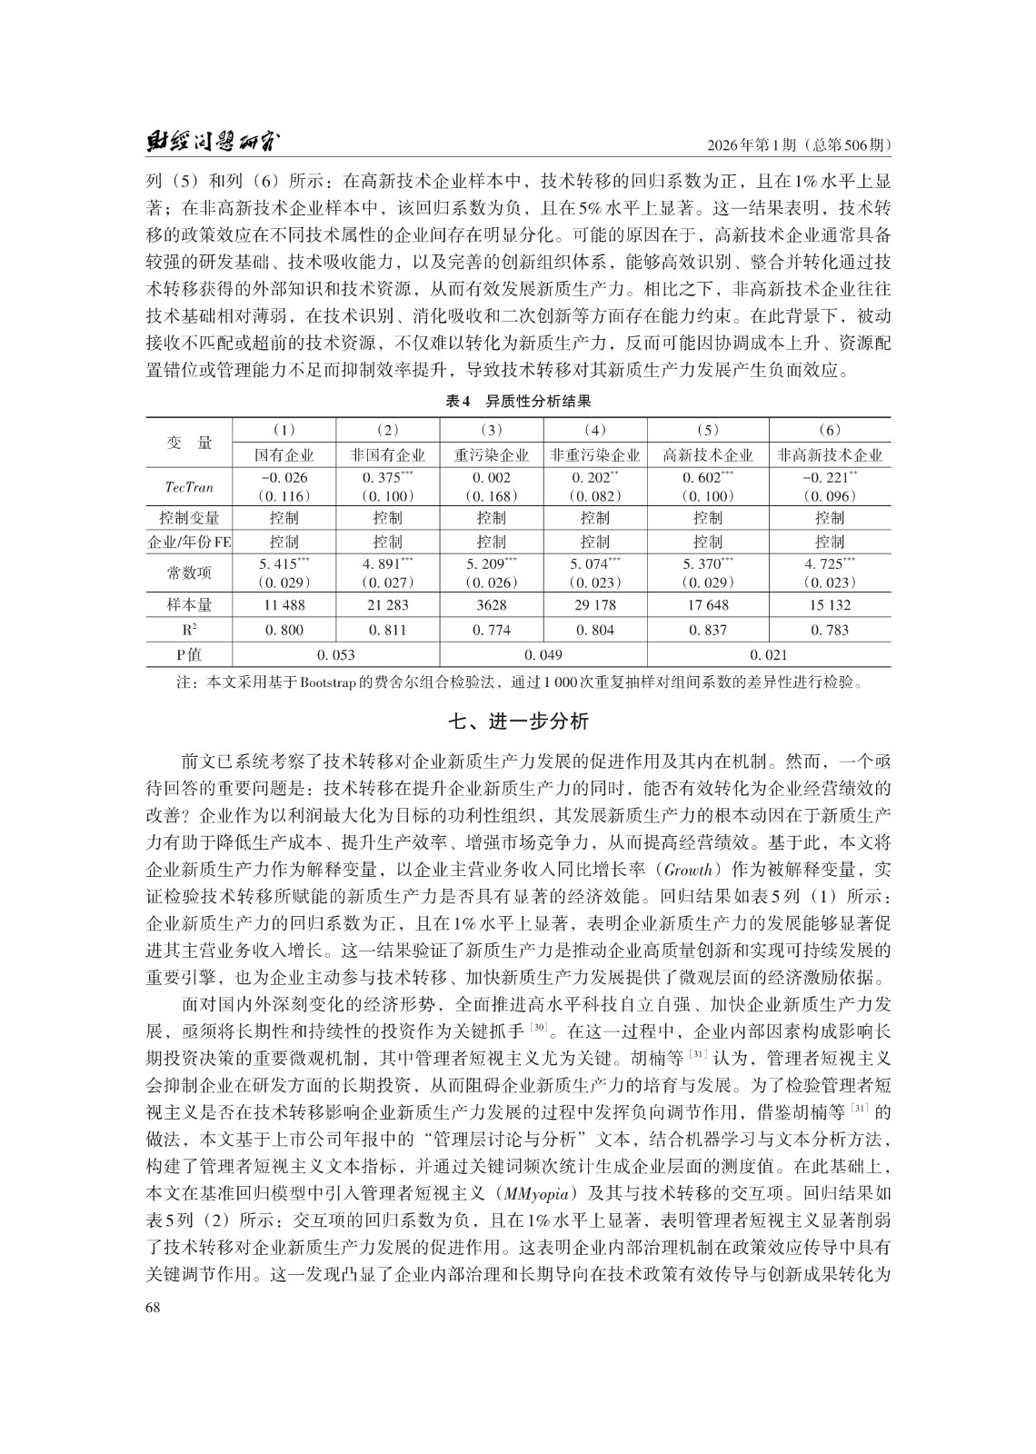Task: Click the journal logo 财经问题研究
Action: coord(213,144)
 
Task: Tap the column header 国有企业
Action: coord(284,455)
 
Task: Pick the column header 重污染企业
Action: coord(491,455)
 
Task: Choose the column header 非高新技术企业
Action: coord(829,455)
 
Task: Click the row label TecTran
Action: coord(189,487)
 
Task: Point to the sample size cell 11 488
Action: coord(284,604)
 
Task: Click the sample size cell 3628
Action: coord(491,604)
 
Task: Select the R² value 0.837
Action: coord(707,630)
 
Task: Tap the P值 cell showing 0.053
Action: coord(336,654)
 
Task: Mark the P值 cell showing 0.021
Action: coord(768,654)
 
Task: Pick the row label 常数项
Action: coord(189,573)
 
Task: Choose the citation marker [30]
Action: coord(538,1028)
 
